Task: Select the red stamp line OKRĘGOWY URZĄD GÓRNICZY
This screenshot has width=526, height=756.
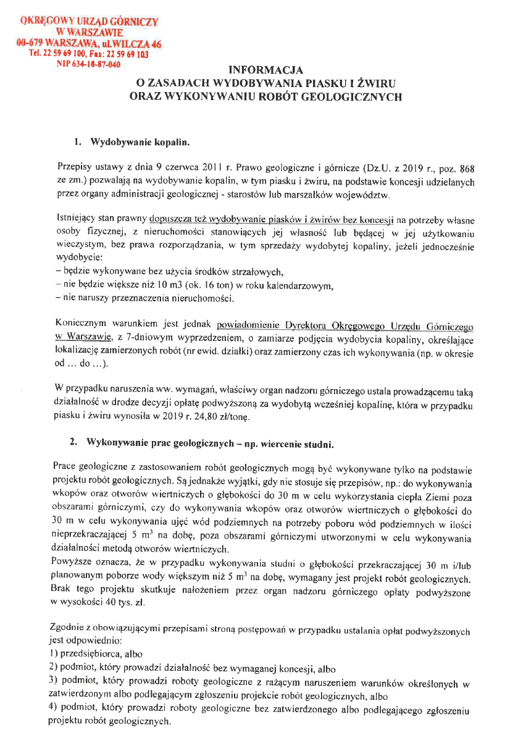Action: (90, 22)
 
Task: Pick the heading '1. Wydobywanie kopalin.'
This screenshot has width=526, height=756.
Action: (131, 142)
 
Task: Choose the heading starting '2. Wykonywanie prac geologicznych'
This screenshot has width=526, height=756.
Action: (202, 445)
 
